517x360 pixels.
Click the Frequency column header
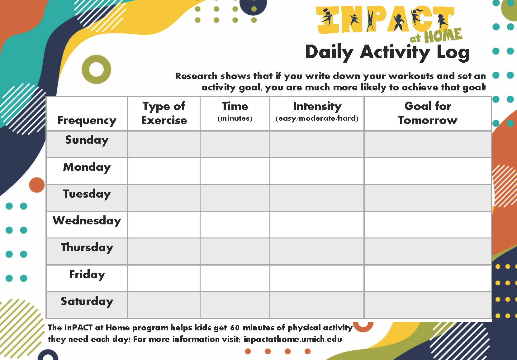pyautogui.click(x=87, y=121)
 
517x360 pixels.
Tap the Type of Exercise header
pyautogui.click(x=164, y=113)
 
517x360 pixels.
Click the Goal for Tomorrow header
pyautogui.click(x=428, y=113)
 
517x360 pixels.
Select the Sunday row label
pyautogui.click(x=87, y=140)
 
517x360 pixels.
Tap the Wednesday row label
pyautogui.click(x=87, y=221)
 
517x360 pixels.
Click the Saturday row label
pyautogui.click(x=87, y=301)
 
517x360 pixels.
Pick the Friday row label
pyautogui.click(x=87, y=275)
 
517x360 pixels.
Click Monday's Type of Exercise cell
pyautogui.click(x=164, y=171)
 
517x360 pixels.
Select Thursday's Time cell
pyautogui.click(x=235, y=252)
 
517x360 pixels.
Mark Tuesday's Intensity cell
pyautogui.click(x=317, y=198)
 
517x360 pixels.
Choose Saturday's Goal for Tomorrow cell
pyautogui.click(x=428, y=305)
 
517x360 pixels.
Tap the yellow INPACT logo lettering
pyautogui.click(x=385, y=19)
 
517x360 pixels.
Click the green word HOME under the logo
pyautogui.click(x=443, y=35)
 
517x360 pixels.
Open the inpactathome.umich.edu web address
pyautogui.click(x=293, y=339)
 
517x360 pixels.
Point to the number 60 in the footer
pyautogui.click(x=235, y=328)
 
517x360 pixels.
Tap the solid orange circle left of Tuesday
pyautogui.click(x=37, y=185)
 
